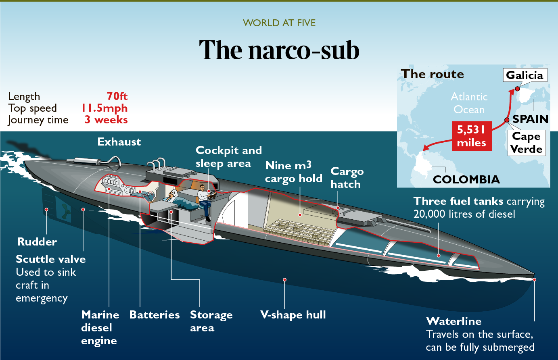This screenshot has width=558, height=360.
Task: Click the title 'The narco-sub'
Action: (x=279, y=50)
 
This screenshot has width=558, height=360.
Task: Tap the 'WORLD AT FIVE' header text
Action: (x=279, y=23)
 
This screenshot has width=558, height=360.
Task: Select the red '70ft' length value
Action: (x=117, y=96)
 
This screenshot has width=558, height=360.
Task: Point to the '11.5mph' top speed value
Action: (x=104, y=108)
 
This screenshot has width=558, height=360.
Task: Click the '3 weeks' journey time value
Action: (x=106, y=120)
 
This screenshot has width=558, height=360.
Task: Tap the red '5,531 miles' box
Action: (x=471, y=136)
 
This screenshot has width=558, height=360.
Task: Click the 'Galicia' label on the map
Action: (x=525, y=75)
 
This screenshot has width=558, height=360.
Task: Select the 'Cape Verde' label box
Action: (x=526, y=143)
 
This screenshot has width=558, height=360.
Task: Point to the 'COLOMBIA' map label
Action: (x=466, y=179)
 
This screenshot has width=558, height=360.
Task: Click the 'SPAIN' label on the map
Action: (x=530, y=119)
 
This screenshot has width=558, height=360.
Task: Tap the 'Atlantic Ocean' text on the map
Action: (x=469, y=103)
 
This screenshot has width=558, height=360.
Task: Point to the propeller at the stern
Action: (x=64, y=210)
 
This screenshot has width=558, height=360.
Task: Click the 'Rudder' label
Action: (x=37, y=242)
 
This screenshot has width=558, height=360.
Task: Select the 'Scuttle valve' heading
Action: (x=51, y=259)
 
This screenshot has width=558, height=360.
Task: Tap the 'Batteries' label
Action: (x=155, y=315)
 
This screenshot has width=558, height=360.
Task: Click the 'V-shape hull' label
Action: (x=293, y=315)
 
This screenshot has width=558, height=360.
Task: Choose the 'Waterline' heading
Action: (x=454, y=321)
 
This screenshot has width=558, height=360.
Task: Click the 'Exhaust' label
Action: (x=119, y=142)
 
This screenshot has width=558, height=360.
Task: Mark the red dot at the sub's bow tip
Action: (x=534, y=279)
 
